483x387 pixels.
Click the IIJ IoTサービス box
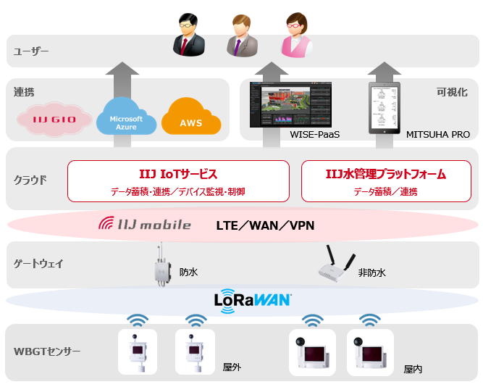(x=178, y=181)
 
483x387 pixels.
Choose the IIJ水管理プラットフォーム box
(x=385, y=181)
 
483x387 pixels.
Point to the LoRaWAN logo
(x=253, y=300)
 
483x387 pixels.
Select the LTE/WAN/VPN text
(x=265, y=225)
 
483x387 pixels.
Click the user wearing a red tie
(x=189, y=37)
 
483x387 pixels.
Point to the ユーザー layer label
(x=31, y=51)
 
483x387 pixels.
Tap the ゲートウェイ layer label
(x=39, y=264)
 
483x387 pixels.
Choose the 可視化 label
(x=453, y=93)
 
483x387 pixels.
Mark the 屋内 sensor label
(x=413, y=369)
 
